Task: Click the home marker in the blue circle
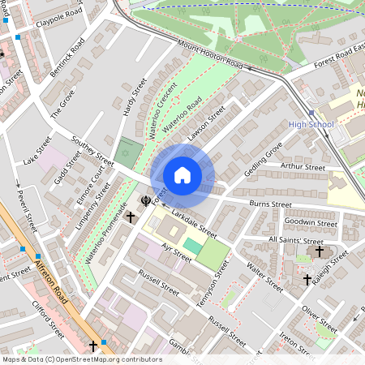(182, 175)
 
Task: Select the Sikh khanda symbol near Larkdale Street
(145, 200)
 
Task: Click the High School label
(311, 124)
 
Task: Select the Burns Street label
(270, 204)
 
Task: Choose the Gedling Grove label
(264, 160)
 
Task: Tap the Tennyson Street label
(210, 287)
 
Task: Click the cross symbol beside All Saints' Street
(320, 252)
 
